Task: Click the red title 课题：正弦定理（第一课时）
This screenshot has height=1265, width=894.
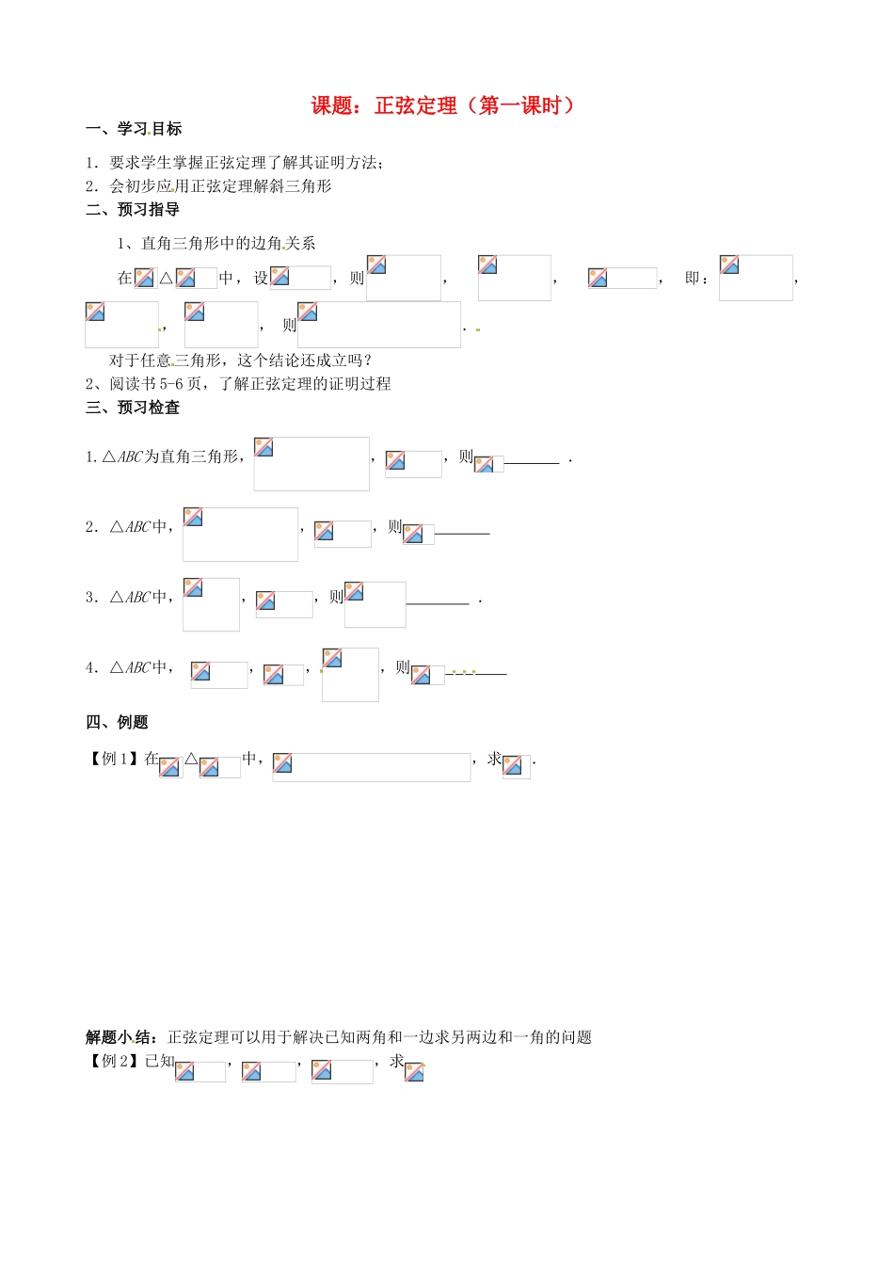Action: [442, 105]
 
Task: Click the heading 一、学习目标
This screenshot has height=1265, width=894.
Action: [134, 129]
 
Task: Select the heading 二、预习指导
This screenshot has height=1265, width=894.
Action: [133, 209]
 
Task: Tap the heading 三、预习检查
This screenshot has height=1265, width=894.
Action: [133, 407]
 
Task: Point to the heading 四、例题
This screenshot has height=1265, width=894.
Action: [117, 722]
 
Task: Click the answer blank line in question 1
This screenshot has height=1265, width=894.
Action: [533, 462]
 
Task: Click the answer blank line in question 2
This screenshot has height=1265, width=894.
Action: [462, 533]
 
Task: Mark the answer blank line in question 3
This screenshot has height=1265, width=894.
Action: [438, 602]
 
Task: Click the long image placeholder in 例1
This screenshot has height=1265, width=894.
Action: [371, 767]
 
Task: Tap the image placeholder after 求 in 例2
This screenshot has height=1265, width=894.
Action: [414, 1071]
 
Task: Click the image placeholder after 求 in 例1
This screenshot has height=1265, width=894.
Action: [516, 766]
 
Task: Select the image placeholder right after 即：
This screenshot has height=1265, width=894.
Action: [756, 278]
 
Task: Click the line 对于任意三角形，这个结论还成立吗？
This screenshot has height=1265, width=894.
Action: [241, 360]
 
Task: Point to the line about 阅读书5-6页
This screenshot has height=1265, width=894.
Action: [238, 383]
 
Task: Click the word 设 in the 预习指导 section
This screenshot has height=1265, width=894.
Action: [261, 278]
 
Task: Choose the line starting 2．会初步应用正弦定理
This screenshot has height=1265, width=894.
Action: [209, 185]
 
